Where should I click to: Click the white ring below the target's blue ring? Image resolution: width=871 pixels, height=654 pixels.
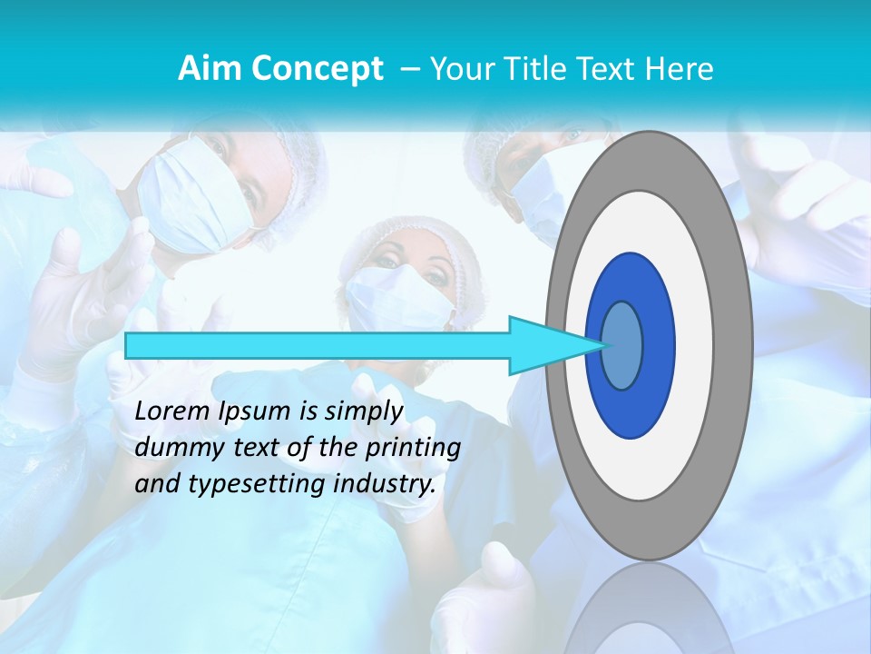click(648, 468)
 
